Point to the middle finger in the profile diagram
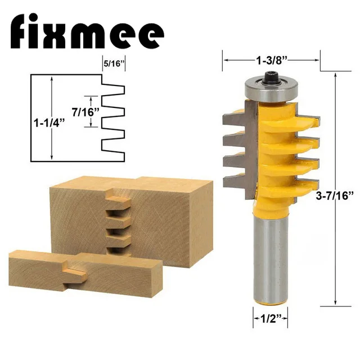pyautogui.click(x=115, y=112)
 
